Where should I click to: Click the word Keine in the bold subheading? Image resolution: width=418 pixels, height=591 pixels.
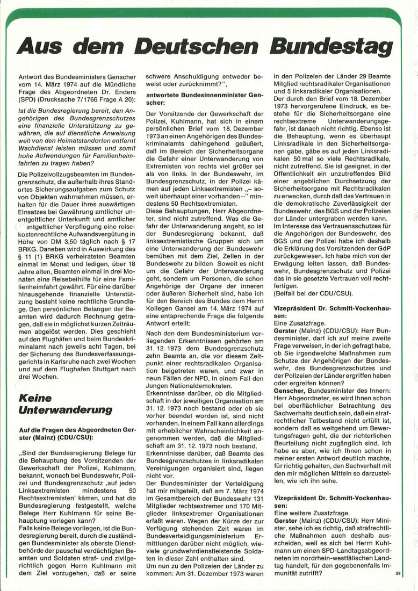point(35,399)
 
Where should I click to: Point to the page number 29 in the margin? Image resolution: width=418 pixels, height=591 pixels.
point(398,574)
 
